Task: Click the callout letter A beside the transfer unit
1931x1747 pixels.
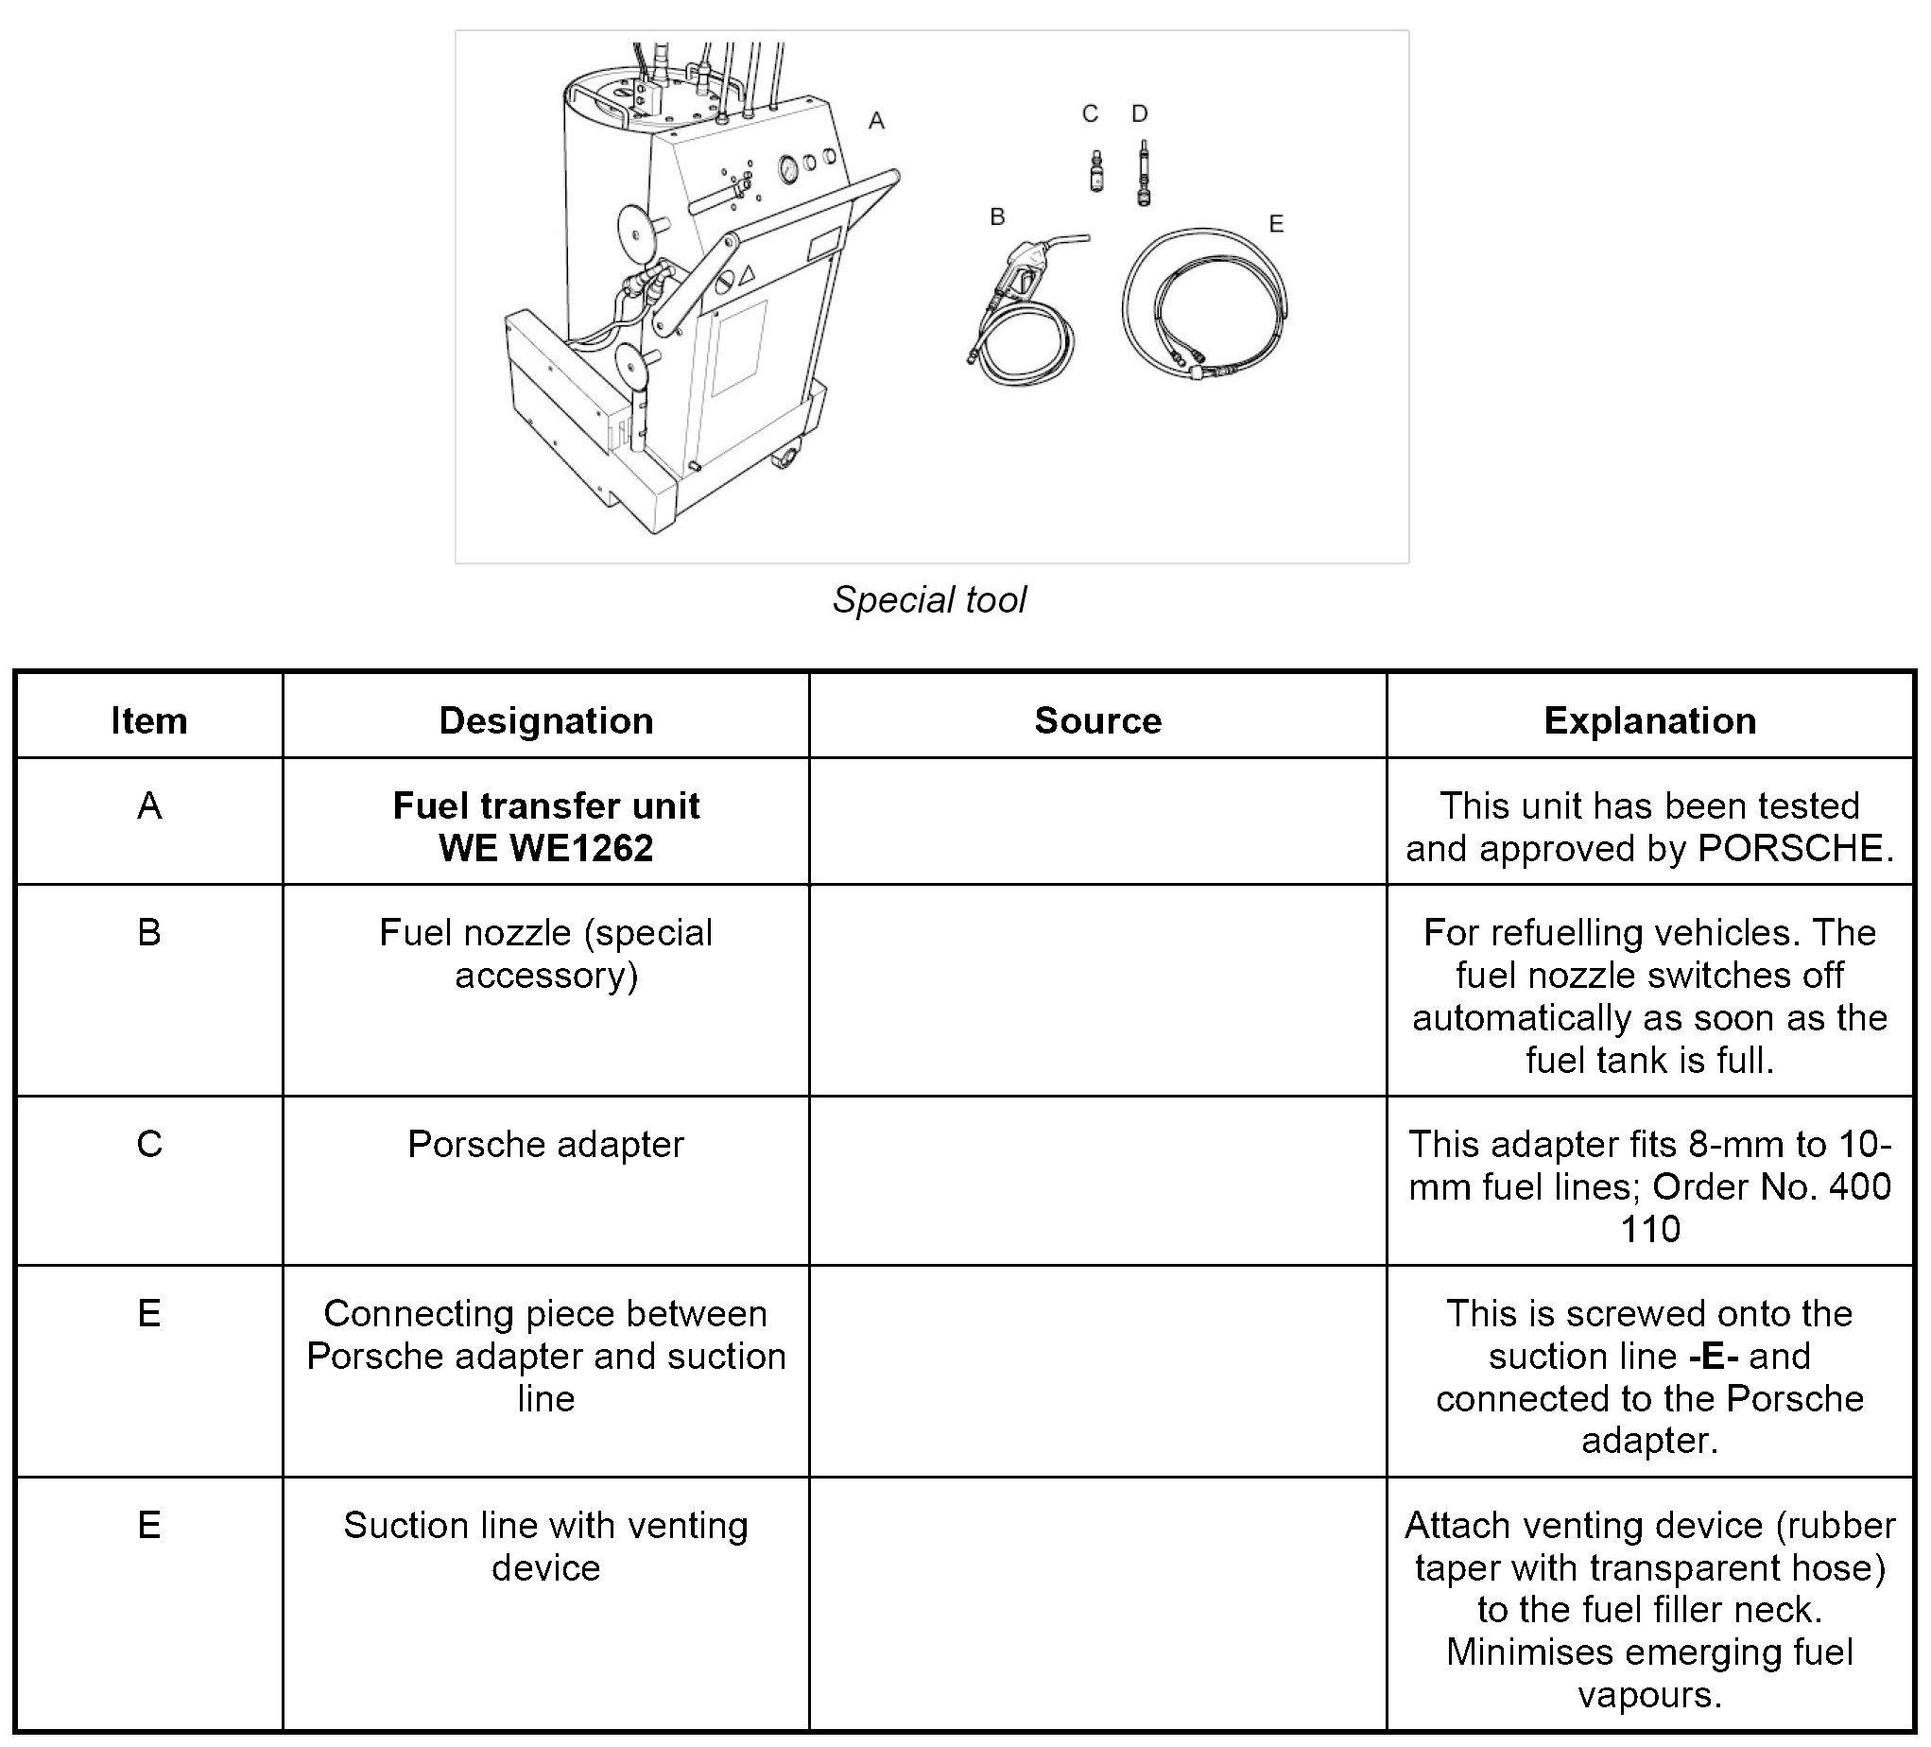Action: [875, 122]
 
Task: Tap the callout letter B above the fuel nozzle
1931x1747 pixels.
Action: [997, 217]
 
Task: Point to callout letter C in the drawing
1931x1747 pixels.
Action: [1090, 114]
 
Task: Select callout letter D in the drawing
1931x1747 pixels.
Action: [1139, 114]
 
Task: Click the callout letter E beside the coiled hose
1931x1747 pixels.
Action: [1276, 224]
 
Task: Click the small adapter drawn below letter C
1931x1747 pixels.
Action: [1096, 171]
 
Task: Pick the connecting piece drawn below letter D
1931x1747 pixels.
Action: [1143, 174]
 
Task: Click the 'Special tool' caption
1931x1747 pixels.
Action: [929, 600]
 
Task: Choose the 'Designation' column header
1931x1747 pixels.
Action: [546, 720]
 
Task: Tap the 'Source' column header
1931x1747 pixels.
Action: [1097, 720]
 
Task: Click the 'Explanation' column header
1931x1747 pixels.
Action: [1649, 720]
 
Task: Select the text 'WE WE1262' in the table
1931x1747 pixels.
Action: [546, 849]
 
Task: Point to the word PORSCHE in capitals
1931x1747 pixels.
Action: [1790, 849]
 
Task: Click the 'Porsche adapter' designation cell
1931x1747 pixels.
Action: [546, 1145]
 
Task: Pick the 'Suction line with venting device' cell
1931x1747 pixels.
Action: [546, 1546]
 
